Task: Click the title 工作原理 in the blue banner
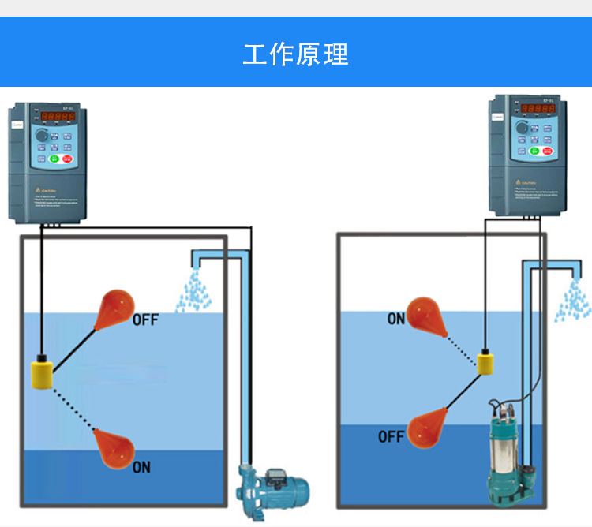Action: click(295, 54)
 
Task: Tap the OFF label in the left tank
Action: click(145, 320)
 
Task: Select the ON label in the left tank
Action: click(141, 467)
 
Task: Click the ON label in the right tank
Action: click(396, 319)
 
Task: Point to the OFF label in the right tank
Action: click(391, 436)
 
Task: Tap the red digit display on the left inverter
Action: click(58, 116)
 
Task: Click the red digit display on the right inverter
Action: click(537, 108)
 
